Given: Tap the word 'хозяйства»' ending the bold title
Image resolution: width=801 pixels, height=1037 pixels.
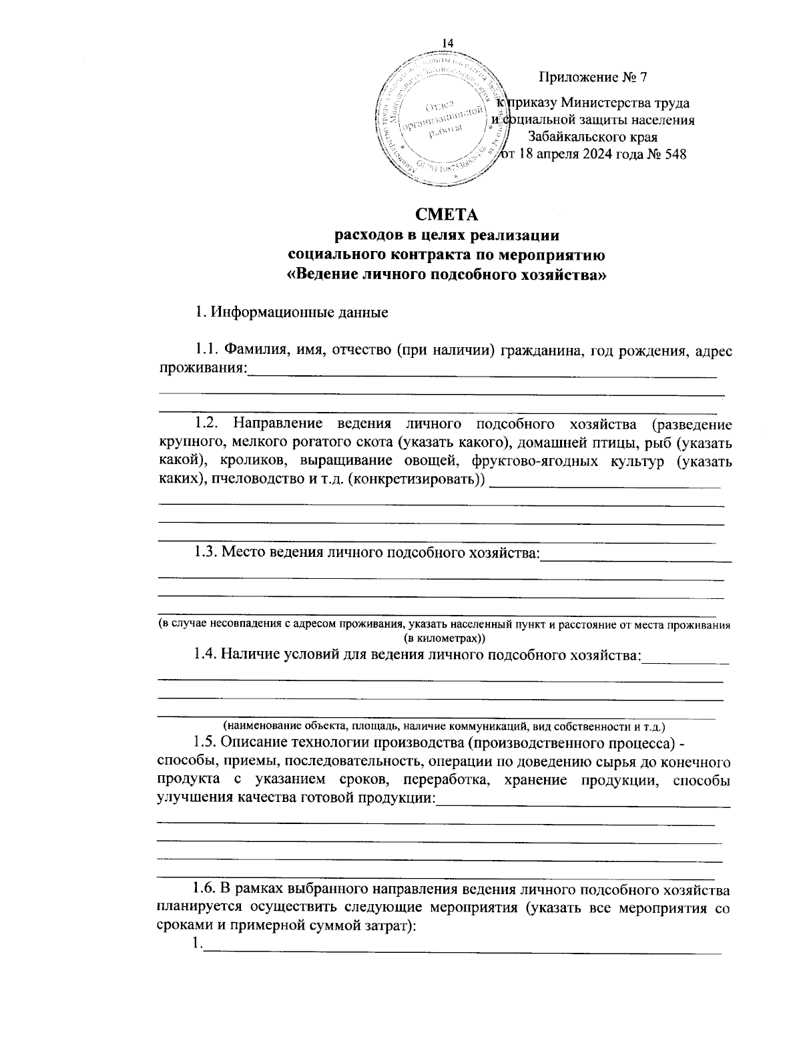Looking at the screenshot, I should click(x=569, y=274).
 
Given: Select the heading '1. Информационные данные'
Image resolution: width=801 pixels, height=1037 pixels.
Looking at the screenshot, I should click(x=290, y=312).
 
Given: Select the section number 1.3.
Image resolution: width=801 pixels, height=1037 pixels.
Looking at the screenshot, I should click(x=206, y=552).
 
